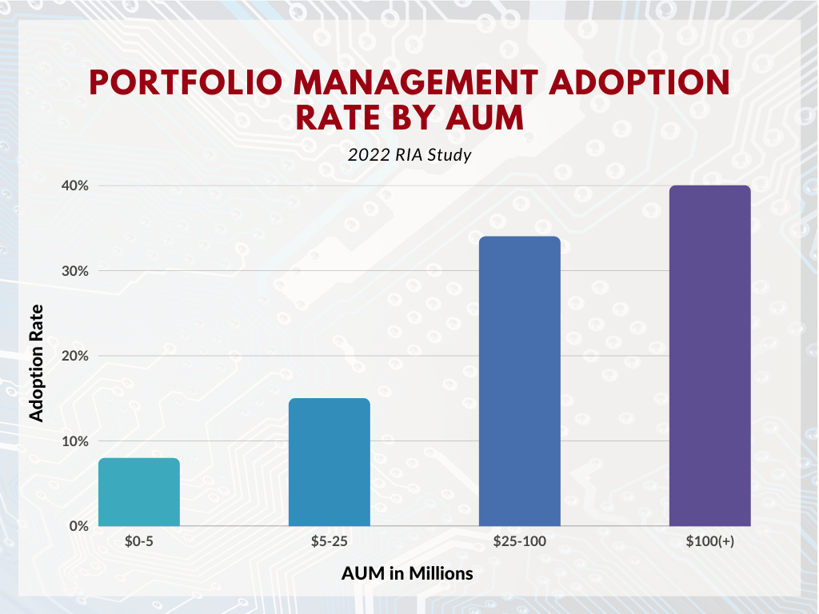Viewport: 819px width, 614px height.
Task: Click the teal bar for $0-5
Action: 139,492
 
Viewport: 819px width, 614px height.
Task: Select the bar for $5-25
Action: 329,462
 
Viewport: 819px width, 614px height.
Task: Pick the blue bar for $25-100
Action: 519,381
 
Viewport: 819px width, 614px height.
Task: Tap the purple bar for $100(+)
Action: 709,356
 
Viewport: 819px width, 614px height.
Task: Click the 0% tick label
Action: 76,526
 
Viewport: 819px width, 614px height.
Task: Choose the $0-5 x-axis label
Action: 139,541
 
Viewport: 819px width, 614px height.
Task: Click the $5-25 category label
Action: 329,541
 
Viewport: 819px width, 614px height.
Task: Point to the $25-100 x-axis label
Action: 519,541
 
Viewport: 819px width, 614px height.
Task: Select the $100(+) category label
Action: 709,541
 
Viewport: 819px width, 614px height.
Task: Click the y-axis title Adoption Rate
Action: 36,361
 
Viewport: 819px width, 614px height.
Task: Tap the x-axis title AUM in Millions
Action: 407,573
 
